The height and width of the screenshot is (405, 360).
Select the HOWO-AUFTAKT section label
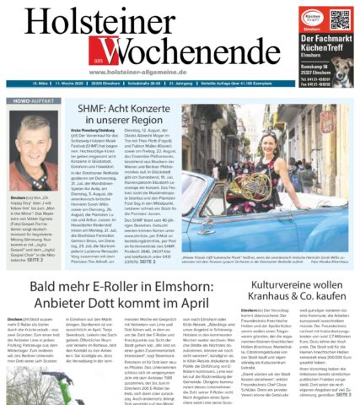28,102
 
